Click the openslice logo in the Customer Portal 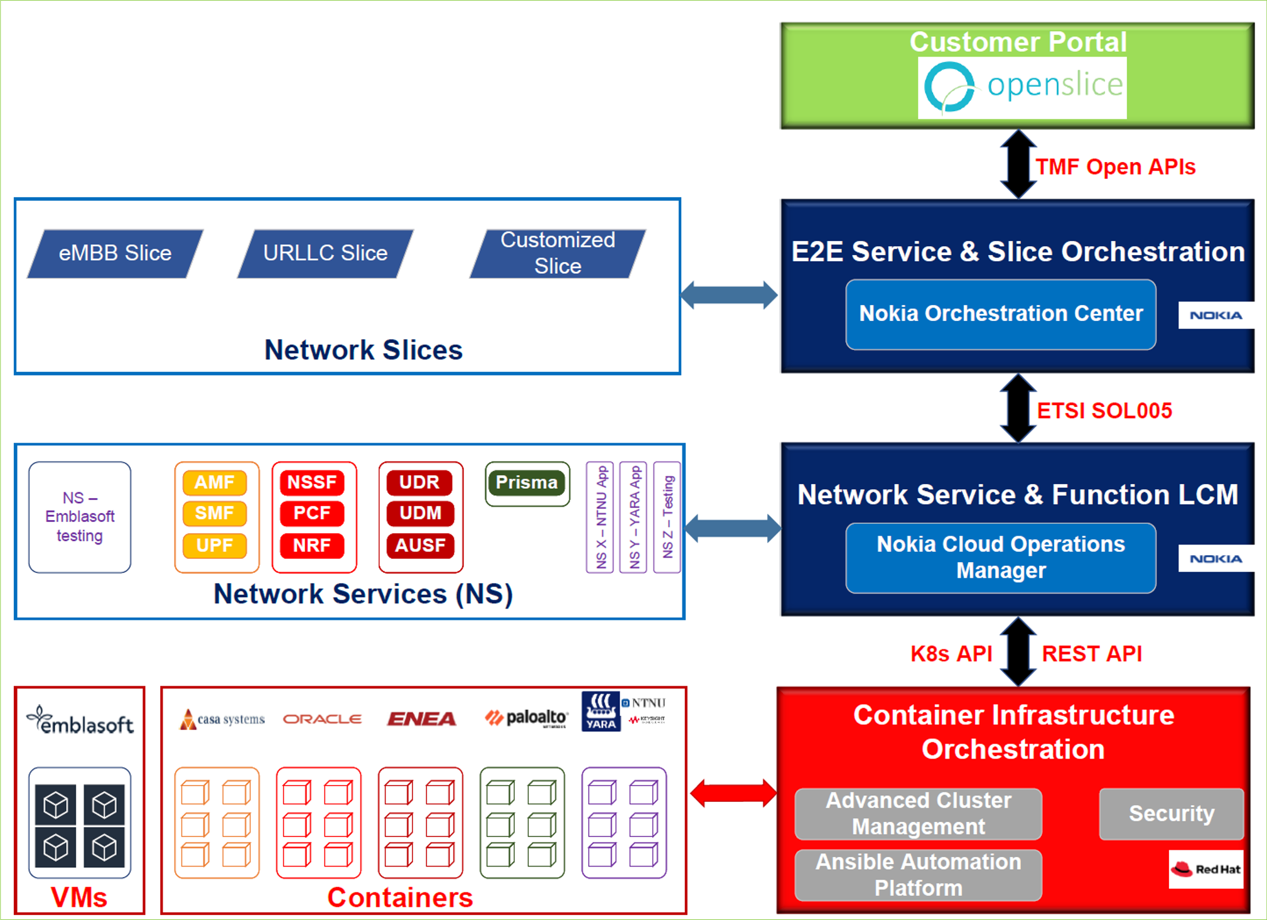click(x=1022, y=87)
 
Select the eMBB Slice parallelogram click(x=116, y=253)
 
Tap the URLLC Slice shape click(x=325, y=253)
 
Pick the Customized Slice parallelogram click(x=558, y=253)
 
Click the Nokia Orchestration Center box click(x=1000, y=314)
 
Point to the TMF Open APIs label click(x=1115, y=167)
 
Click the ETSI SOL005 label click(x=1104, y=411)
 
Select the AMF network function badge click(x=215, y=482)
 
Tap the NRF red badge click(x=312, y=545)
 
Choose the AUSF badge click(x=420, y=545)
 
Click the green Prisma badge click(x=527, y=482)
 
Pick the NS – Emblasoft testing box click(x=80, y=517)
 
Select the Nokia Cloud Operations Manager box click(x=1000, y=558)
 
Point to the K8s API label click(x=951, y=654)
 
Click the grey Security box click(x=1171, y=814)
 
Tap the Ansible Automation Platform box click(x=918, y=875)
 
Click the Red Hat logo click(x=1205, y=869)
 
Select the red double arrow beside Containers click(x=733, y=793)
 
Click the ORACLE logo click(x=322, y=719)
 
